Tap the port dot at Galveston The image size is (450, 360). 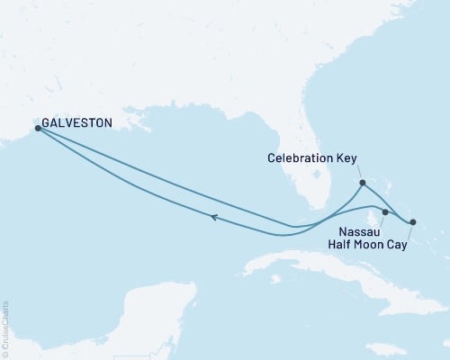click(38, 129)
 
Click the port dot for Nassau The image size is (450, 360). click(385, 212)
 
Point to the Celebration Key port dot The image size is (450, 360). click(362, 184)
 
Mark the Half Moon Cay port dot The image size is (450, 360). click(413, 221)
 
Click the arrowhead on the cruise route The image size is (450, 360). click(214, 216)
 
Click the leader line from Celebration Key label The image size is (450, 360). click(357, 172)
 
